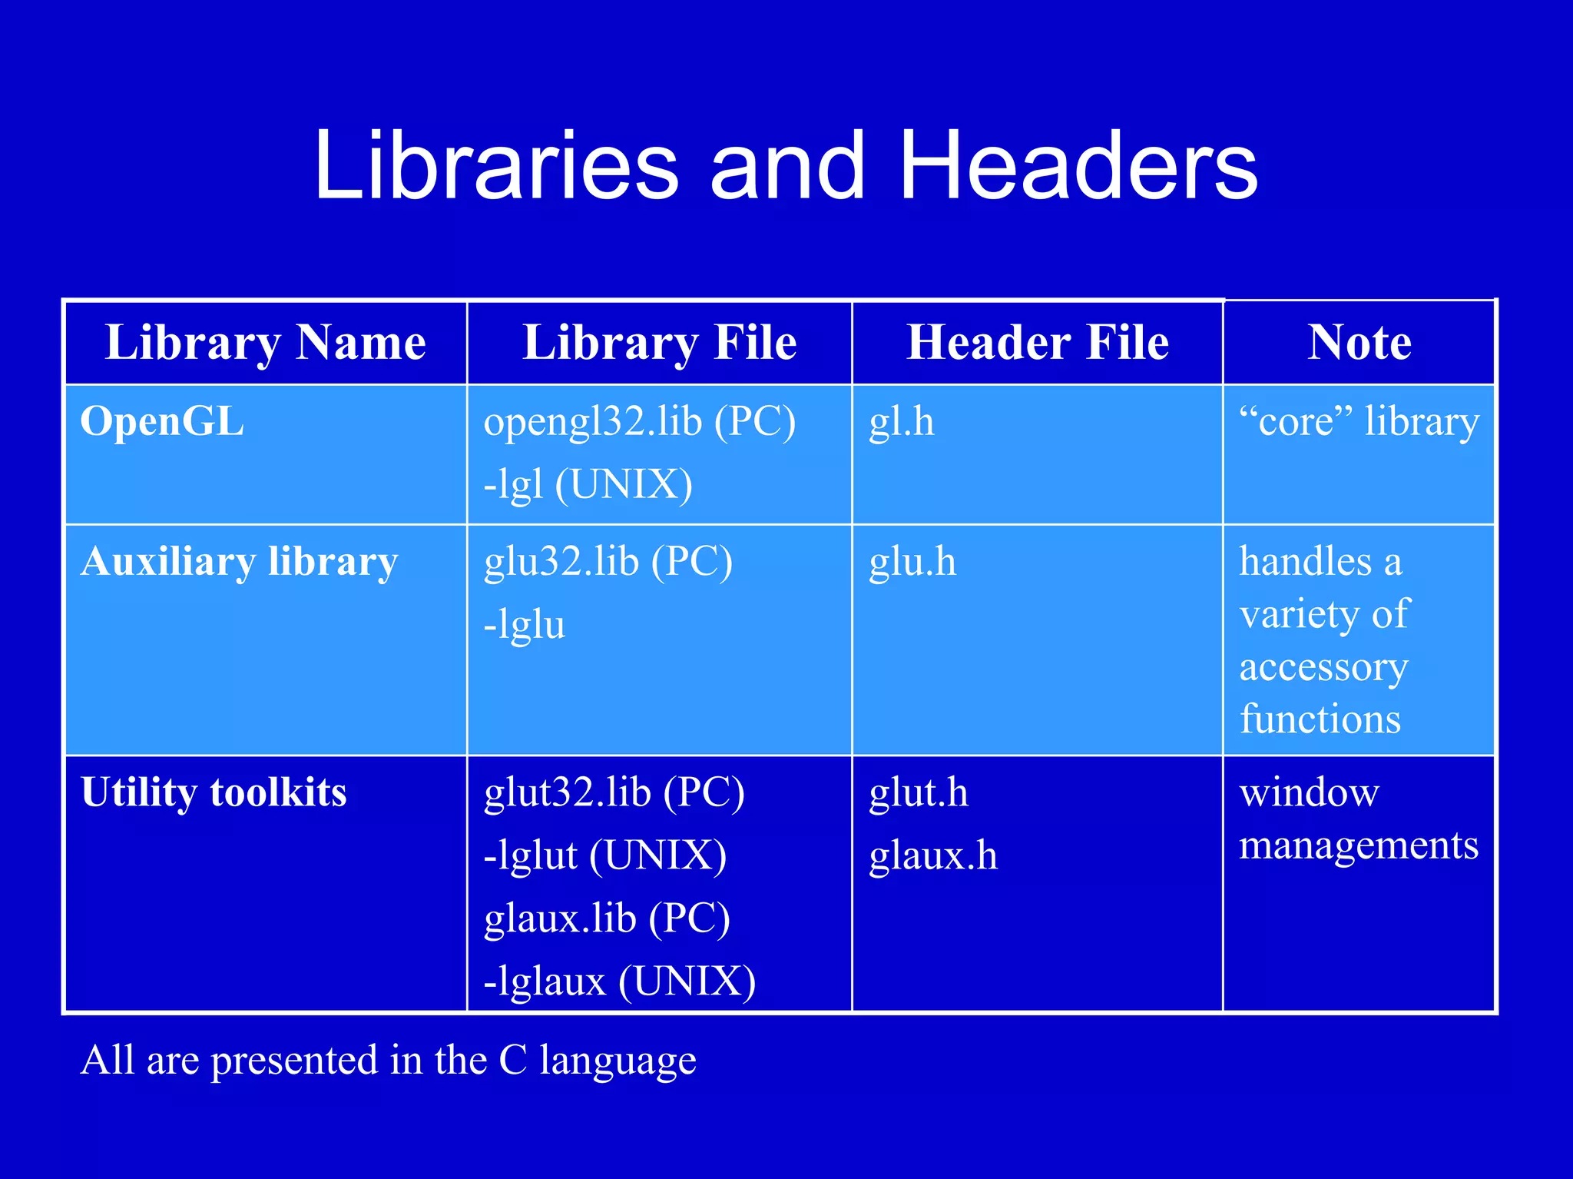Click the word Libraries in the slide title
[x=496, y=166]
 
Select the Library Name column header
[x=266, y=342]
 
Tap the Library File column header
[x=659, y=342]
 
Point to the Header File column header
[x=1038, y=342]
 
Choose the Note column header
[x=1359, y=342]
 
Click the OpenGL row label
[x=162, y=421]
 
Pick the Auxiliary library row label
[x=240, y=562]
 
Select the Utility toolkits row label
[x=214, y=792]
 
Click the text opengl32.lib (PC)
[x=639, y=422]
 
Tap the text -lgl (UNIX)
[x=588, y=485]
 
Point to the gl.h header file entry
[x=902, y=422]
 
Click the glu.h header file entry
[x=912, y=562]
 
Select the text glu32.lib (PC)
[x=608, y=562]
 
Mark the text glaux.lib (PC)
[x=607, y=918]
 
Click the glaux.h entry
[x=933, y=855]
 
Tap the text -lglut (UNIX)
[x=605, y=855]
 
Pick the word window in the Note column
[x=1310, y=792]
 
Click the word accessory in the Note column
[x=1323, y=667]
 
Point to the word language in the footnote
[x=618, y=1061]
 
